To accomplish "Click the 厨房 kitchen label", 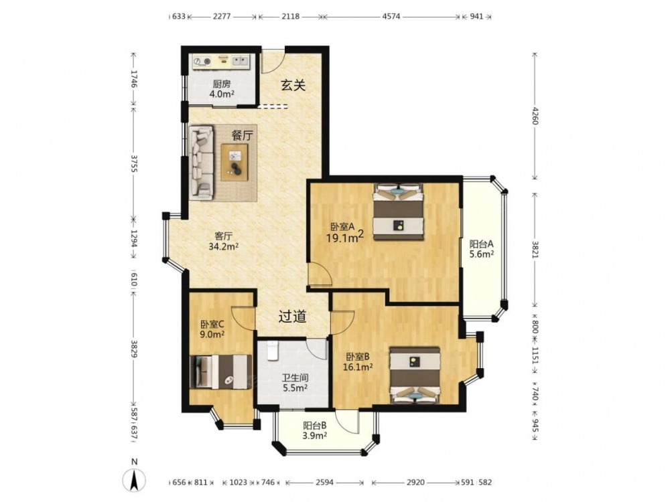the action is (x=221, y=84).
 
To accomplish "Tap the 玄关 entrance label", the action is (x=293, y=86).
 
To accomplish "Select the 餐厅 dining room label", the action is (x=243, y=136).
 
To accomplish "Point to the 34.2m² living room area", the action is (x=224, y=247).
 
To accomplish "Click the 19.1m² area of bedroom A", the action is (x=345, y=238).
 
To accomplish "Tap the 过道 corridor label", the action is (x=293, y=317).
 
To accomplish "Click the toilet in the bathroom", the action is (x=272, y=351).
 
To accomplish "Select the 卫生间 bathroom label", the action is (x=295, y=378).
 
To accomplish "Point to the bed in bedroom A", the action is (x=399, y=212).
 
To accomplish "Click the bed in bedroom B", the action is (x=415, y=375).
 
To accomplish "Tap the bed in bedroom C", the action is (x=220, y=371).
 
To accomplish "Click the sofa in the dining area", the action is (x=201, y=162).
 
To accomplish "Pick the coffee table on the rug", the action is (x=234, y=162).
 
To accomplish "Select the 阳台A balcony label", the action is (x=482, y=244).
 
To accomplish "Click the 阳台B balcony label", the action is (x=315, y=426).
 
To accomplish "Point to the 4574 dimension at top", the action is (x=391, y=17).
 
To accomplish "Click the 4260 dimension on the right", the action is (x=535, y=115).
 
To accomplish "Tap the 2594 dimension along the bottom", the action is (x=324, y=483).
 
